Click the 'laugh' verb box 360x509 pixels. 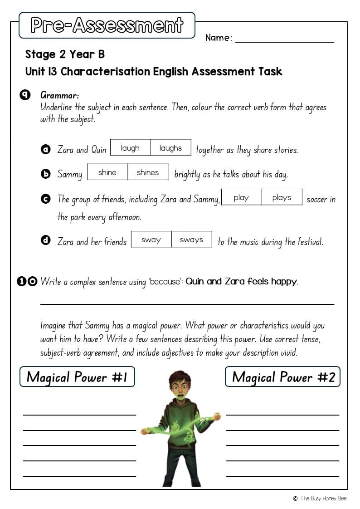pyautogui.click(x=130, y=148)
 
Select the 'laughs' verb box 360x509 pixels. pyautogui.click(x=170, y=148)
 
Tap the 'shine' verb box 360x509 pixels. pyautogui.click(x=107, y=172)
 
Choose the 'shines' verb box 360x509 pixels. pyautogui.click(x=148, y=172)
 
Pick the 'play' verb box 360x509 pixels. pyautogui.click(x=241, y=197)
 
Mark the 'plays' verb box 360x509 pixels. pyautogui.click(x=282, y=197)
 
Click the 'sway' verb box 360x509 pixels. pyautogui.click(x=151, y=240)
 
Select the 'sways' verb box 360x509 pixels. pyautogui.click(x=191, y=240)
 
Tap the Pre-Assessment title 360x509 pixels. pyautogui.click(x=107, y=25)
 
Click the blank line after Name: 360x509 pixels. pyautogui.click(x=284, y=40)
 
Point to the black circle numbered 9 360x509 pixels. pyautogui.click(x=25, y=95)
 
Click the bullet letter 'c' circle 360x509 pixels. pyautogui.click(x=45, y=198)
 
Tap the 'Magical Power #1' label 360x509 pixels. pyautogui.click(x=77, y=377)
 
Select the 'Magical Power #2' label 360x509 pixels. pyautogui.click(x=283, y=377)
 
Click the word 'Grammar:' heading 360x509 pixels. pyautogui.click(x=60, y=95)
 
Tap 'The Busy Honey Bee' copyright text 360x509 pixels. pyautogui.click(x=323, y=498)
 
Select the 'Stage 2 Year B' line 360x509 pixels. pyautogui.click(x=65, y=54)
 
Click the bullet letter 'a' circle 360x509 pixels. pyautogui.click(x=45, y=149)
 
